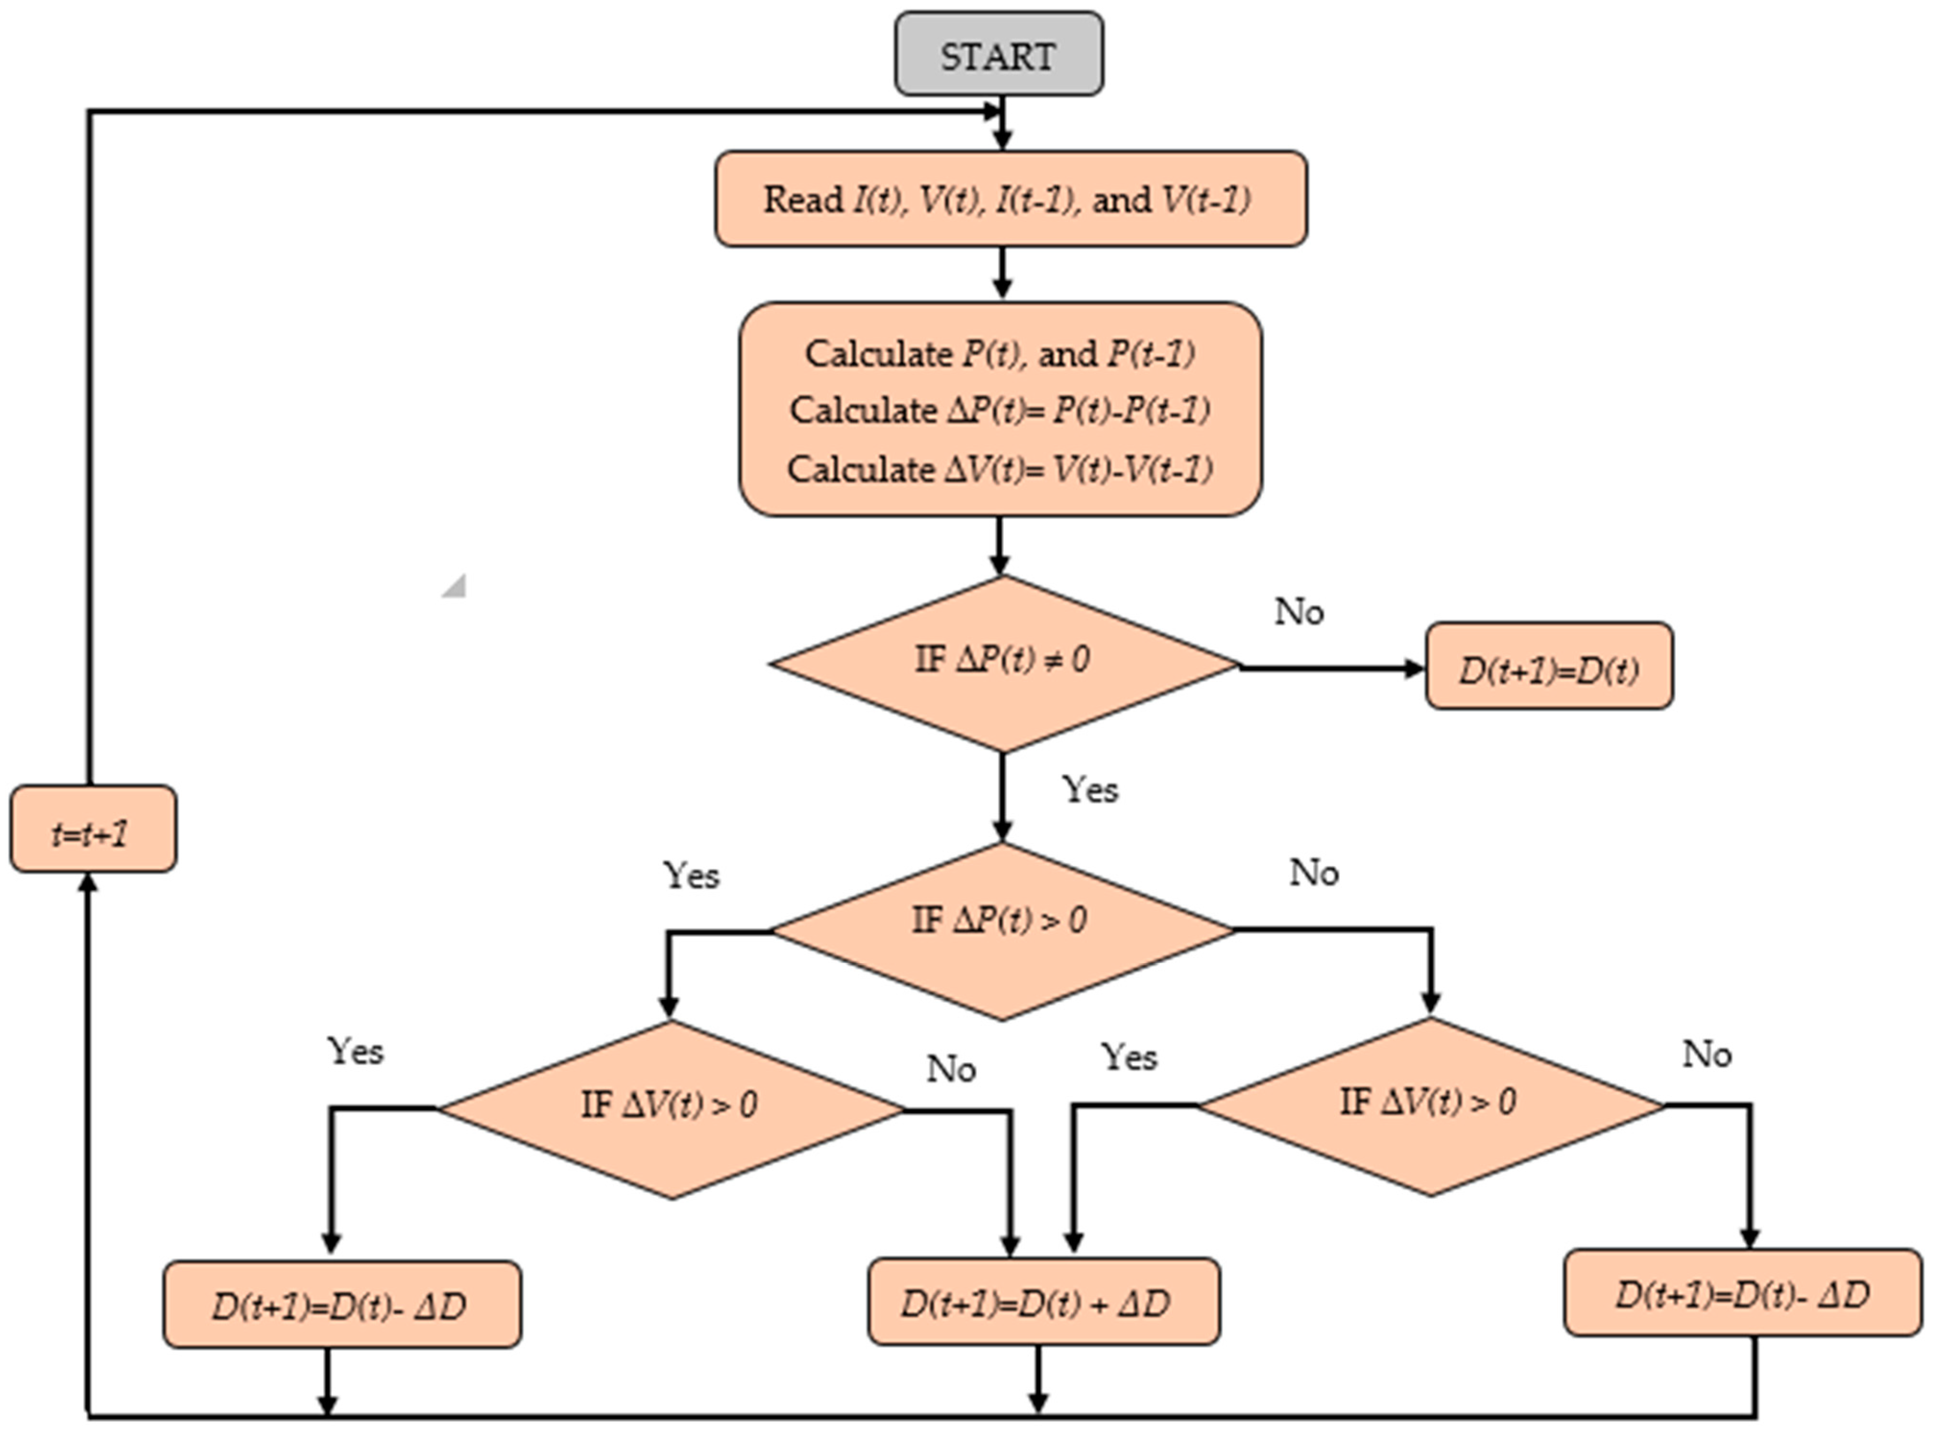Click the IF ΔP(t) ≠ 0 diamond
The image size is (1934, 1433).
click(x=1003, y=663)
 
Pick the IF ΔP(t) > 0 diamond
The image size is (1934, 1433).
click(x=1001, y=931)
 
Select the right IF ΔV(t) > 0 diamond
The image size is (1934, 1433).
click(x=1430, y=1106)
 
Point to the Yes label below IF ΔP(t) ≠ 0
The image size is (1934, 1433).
click(x=1091, y=789)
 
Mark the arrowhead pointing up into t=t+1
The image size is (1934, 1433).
click(x=88, y=881)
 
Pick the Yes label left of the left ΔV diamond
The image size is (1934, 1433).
click(x=355, y=1051)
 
